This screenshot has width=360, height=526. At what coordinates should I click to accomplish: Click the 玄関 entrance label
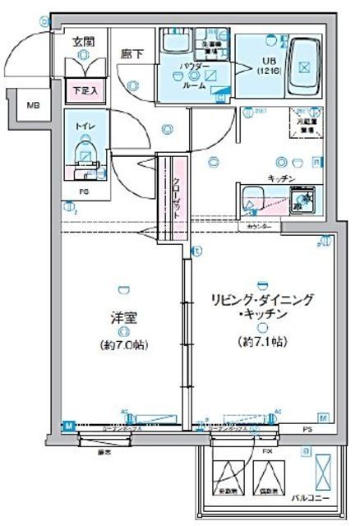click(81, 41)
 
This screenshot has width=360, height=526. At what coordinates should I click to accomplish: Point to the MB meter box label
click(31, 105)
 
